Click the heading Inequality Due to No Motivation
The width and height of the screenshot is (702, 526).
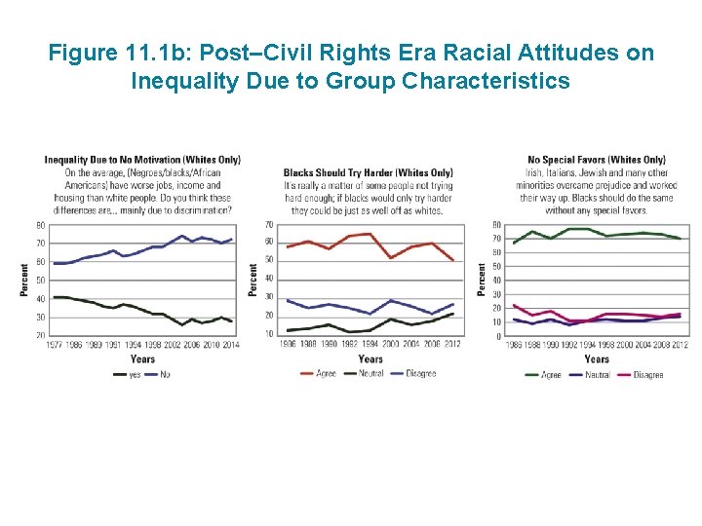142,160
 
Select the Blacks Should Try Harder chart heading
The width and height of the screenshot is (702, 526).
368,172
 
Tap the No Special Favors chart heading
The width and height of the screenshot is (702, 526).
596,160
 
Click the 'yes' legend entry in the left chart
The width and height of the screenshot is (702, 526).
135,375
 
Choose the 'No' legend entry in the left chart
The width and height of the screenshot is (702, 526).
163,375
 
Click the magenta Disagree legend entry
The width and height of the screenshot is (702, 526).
647,375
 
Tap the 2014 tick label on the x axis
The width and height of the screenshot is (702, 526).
230,346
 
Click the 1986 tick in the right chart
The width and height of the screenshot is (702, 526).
515,346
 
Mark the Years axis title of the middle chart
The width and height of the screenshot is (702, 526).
370,359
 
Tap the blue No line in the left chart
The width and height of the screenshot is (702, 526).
136,254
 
